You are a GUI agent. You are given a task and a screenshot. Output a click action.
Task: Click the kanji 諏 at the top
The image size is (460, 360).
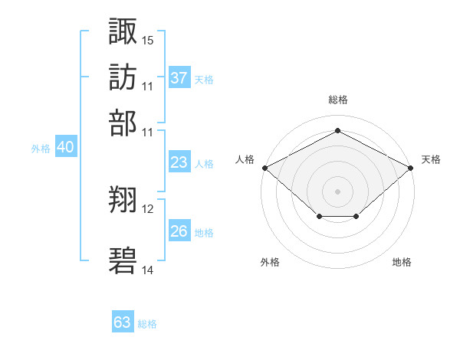[x=123, y=31]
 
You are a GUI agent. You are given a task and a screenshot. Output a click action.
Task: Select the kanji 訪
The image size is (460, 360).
[x=123, y=77]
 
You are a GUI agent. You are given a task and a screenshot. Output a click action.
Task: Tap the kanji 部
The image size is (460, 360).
[x=123, y=122]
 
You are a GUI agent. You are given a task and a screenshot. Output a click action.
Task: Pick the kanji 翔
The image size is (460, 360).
[x=123, y=201]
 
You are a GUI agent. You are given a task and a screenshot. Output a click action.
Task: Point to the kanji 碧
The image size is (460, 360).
[x=123, y=260]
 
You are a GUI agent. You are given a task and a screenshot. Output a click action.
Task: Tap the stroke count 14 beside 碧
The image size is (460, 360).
[x=148, y=270]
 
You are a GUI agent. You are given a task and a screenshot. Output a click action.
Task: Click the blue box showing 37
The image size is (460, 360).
[x=179, y=78]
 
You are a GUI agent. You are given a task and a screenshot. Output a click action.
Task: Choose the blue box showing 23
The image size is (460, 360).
[x=179, y=162]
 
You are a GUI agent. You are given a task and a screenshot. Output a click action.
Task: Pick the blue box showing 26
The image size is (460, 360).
[x=179, y=231]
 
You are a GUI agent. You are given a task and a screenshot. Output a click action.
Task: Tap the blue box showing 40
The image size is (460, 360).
[x=65, y=148]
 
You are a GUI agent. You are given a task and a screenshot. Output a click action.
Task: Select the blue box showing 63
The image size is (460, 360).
[x=123, y=322]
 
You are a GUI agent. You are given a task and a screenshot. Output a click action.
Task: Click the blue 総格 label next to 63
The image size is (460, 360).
[x=147, y=324]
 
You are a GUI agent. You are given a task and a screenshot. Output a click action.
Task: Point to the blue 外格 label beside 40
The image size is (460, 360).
[x=40, y=149]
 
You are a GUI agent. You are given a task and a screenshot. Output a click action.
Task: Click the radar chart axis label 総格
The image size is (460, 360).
[x=337, y=100]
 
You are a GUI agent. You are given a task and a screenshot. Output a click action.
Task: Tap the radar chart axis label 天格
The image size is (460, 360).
[x=432, y=159]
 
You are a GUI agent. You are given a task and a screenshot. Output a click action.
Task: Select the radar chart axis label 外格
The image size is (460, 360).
[x=270, y=262]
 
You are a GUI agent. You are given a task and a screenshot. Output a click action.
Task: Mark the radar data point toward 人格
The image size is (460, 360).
[x=264, y=168]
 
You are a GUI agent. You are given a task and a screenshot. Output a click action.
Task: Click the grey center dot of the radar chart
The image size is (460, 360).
[x=337, y=191]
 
